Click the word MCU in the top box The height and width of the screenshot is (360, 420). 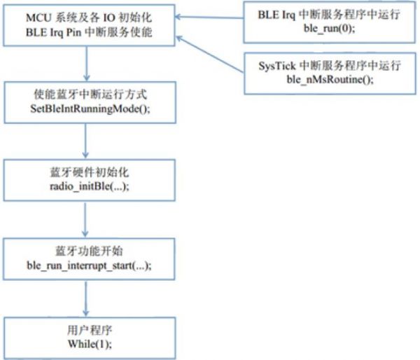click(39, 17)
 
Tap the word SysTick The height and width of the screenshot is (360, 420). click(276, 67)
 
